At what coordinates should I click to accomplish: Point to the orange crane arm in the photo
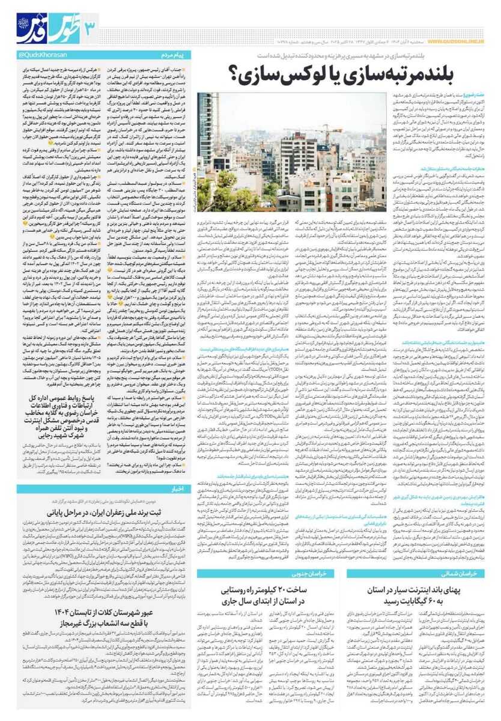pyautogui.click(x=327, y=127)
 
